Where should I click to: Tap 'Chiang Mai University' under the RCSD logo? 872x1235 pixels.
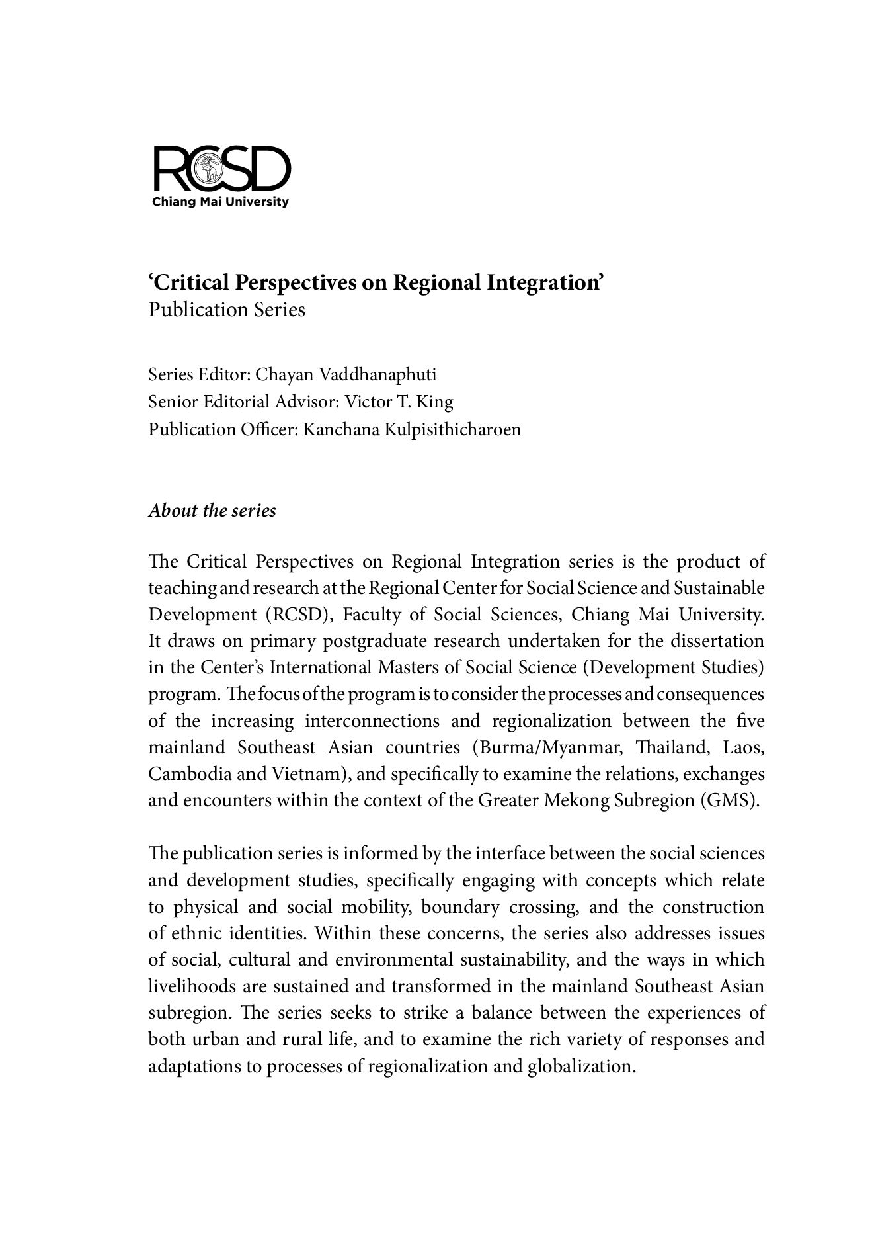[x=220, y=202]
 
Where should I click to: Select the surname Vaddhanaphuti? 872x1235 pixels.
[x=378, y=375]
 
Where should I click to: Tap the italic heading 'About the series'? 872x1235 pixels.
[x=212, y=511]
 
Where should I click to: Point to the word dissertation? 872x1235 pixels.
[x=717, y=641]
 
